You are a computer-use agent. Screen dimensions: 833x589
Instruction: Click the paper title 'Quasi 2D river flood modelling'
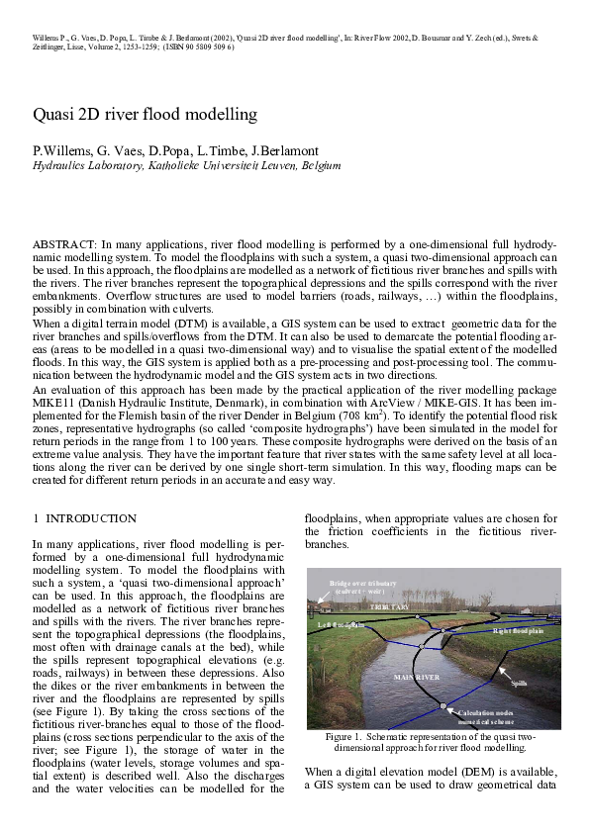pos(145,115)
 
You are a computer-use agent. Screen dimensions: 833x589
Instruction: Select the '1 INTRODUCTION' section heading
pos(84,517)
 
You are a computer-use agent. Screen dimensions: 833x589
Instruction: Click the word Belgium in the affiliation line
pos(321,165)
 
